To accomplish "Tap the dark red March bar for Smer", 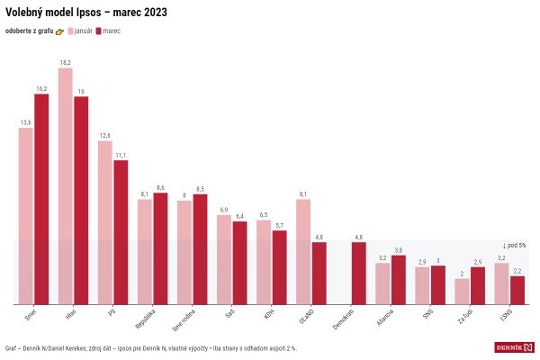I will [41, 198].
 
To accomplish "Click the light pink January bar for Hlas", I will [66, 185].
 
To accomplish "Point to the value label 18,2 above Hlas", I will [66, 63].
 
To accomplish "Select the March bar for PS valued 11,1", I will [121, 231].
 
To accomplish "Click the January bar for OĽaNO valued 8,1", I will [303, 251].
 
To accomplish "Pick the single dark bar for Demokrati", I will [358, 273].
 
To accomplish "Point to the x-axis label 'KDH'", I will [268, 314].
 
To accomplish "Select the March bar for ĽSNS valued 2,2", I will [517, 290].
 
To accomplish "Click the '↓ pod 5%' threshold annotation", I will [513, 245].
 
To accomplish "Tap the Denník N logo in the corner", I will [515, 347].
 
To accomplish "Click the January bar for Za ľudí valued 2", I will [462, 291].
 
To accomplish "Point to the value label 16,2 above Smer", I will [41, 88].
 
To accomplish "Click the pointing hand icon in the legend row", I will [60, 31].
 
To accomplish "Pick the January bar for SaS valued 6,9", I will [224, 259].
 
